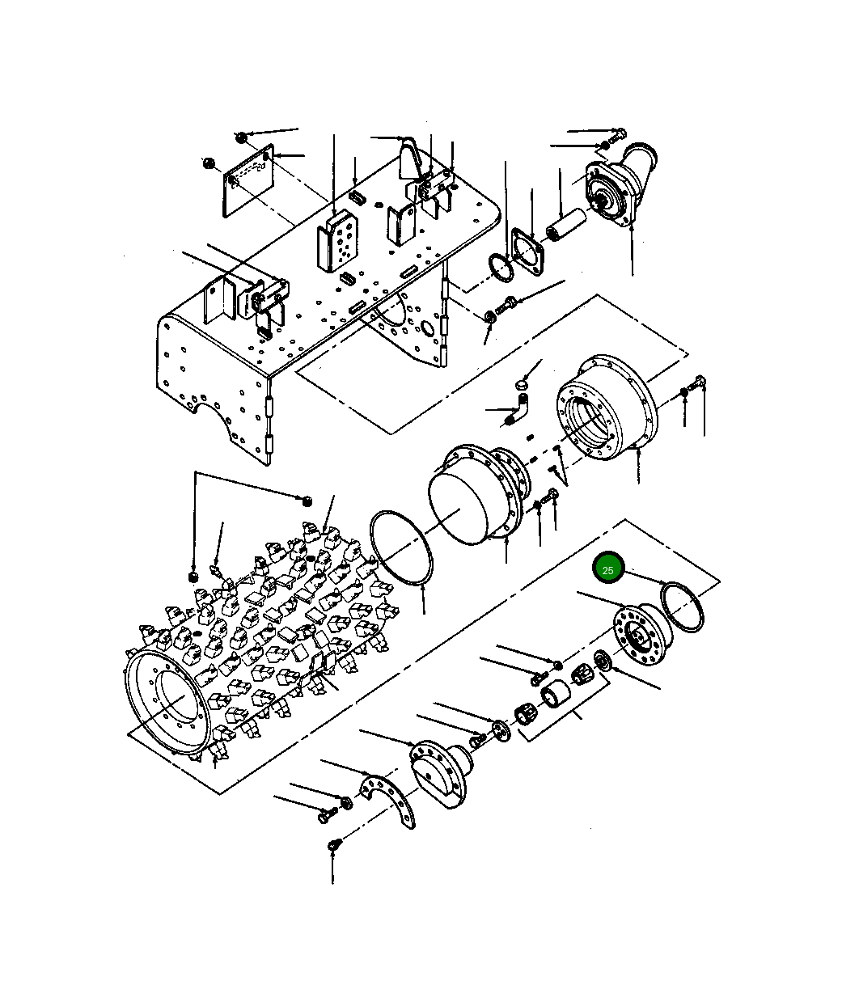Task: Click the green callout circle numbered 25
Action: tap(608, 569)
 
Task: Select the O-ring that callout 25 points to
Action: tap(683, 607)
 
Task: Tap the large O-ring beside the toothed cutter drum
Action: tap(401, 546)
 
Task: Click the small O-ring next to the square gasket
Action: tap(500, 268)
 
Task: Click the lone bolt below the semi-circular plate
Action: tap(332, 846)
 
